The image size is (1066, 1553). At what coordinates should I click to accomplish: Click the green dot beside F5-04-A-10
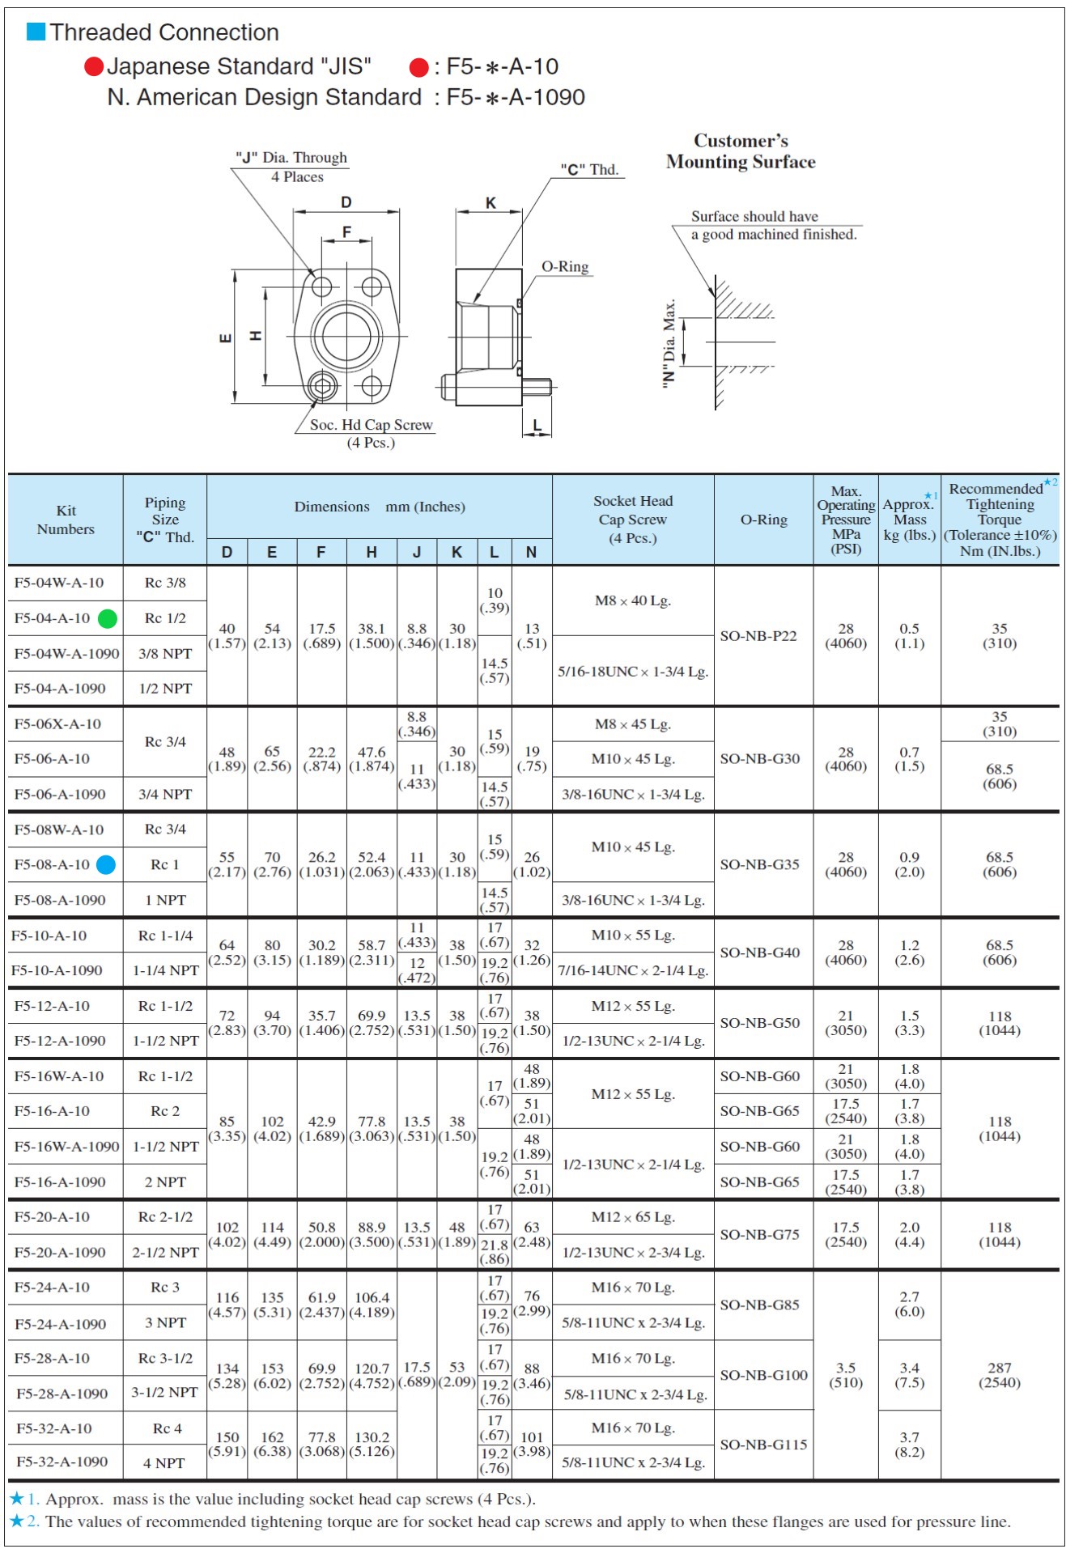(108, 619)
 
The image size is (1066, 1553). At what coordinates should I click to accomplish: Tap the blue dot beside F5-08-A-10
(106, 865)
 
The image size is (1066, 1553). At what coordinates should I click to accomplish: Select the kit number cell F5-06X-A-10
(57, 724)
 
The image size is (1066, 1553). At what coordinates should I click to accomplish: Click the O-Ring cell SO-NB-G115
(763, 1445)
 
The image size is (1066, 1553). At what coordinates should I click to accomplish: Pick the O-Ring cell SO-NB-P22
(758, 636)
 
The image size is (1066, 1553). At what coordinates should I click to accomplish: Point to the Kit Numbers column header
(66, 520)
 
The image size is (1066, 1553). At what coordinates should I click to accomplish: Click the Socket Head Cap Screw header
(633, 520)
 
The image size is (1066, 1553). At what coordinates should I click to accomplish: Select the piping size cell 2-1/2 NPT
(165, 1252)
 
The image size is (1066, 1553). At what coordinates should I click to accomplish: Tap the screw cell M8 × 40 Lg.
(633, 600)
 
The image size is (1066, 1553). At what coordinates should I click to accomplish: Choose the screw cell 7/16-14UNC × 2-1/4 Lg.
(633, 970)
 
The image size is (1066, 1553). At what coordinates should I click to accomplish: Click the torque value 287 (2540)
(1000, 1375)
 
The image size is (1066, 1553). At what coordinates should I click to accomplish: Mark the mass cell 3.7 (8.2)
(910, 1445)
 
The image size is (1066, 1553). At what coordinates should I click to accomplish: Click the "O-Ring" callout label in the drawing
(565, 267)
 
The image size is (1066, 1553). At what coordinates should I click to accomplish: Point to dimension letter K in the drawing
(491, 203)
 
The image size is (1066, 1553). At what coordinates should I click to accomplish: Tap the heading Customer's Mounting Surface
(741, 151)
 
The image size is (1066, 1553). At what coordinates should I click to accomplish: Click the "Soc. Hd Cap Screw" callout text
(371, 425)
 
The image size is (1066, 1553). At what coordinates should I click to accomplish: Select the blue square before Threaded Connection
(36, 32)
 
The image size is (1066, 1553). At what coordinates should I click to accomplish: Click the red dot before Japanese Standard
(94, 66)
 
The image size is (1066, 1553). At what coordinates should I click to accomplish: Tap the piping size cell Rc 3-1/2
(165, 1358)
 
